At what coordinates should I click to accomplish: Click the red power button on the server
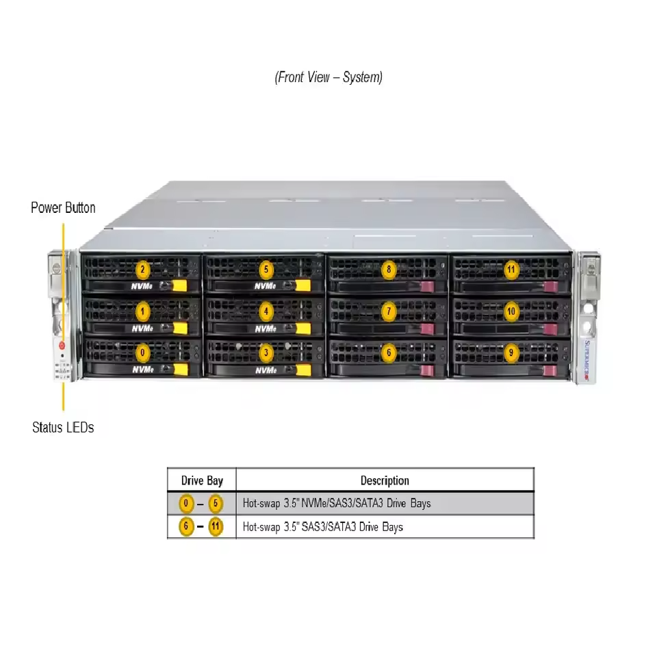pyautogui.click(x=62, y=346)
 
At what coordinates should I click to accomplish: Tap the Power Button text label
pyautogui.click(x=63, y=208)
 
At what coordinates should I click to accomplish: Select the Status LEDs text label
pyautogui.click(x=63, y=427)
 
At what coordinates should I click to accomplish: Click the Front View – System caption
pyautogui.click(x=328, y=77)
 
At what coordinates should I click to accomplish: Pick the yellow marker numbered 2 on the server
pyautogui.click(x=142, y=270)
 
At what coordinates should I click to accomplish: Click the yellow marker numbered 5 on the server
pyautogui.click(x=266, y=270)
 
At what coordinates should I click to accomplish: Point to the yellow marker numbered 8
pyautogui.click(x=389, y=270)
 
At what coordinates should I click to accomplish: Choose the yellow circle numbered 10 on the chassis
pyautogui.click(x=511, y=311)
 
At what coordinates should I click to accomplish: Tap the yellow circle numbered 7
pyautogui.click(x=389, y=311)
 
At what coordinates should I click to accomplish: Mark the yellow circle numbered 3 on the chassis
pyautogui.click(x=266, y=353)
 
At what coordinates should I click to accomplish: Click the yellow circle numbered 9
pyautogui.click(x=511, y=353)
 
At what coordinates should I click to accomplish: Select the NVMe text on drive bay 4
pyautogui.click(x=266, y=329)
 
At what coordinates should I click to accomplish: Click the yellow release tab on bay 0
pyautogui.click(x=181, y=370)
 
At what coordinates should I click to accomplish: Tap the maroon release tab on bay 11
pyautogui.click(x=551, y=287)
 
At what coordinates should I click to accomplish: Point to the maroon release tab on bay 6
pyautogui.click(x=427, y=371)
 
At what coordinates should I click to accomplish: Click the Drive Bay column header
pyautogui.click(x=202, y=480)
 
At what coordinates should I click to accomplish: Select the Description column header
pyautogui.click(x=385, y=480)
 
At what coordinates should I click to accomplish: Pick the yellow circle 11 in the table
pyautogui.click(x=216, y=526)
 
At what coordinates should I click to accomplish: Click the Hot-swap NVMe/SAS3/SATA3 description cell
pyautogui.click(x=337, y=503)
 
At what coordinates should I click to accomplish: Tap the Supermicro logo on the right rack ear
pyautogui.click(x=587, y=361)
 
